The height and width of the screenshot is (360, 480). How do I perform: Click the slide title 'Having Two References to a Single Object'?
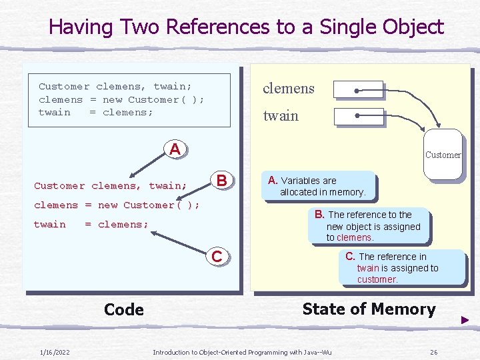point(246,27)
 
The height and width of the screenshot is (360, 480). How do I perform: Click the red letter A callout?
point(175,149)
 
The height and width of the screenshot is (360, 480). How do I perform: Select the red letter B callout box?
point(222,181)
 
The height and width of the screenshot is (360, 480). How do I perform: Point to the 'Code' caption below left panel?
point(124,309)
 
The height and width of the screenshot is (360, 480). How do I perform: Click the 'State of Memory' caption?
point(369,309)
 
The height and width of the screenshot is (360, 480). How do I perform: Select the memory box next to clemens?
point(358,89)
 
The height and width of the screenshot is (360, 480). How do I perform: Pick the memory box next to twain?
point(358,116)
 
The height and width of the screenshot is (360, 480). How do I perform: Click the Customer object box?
point(442,155)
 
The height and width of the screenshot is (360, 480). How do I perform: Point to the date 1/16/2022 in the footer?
point(55,352)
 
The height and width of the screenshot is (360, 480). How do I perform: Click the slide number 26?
point(433,352)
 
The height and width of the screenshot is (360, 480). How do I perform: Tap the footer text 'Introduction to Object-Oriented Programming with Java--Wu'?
point(242,352)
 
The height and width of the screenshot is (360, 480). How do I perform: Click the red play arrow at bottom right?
point(465,321)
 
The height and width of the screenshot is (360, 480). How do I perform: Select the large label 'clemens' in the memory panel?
point(288,89)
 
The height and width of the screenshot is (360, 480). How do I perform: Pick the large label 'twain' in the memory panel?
point(281,116)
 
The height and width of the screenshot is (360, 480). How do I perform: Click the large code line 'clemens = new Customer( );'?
point(117,205)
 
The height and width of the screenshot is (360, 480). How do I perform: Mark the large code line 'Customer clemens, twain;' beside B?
point(111,186)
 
